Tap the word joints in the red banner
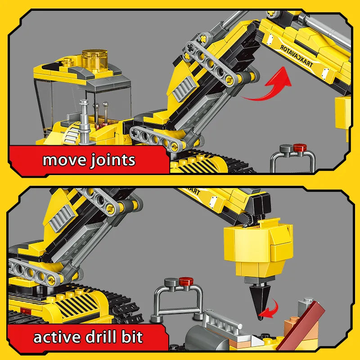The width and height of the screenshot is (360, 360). (112, 160)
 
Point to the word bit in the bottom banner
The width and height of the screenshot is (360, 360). (132, 337)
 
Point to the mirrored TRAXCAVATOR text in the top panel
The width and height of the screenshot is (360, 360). (296, 56)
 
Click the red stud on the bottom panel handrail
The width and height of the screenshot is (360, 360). (186, 281)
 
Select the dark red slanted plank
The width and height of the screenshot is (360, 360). (301, 326)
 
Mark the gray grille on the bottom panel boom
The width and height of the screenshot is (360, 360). (61, 218)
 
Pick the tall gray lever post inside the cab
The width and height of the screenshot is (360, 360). (84, 121)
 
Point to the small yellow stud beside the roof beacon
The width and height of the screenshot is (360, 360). (67, 62)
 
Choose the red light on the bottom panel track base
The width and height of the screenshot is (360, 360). (26, 311)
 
